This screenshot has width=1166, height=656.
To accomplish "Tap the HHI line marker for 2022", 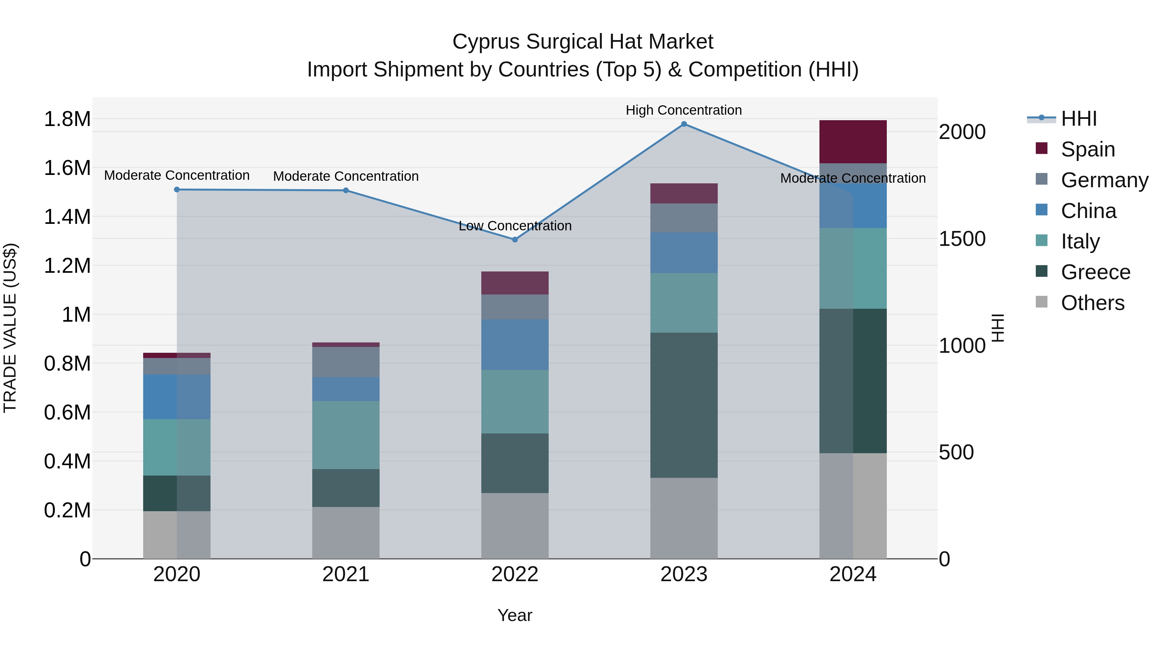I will [515, 239].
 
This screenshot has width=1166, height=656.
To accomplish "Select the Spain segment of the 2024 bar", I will [853, 142].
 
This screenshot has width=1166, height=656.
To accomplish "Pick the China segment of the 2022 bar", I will [515, 345].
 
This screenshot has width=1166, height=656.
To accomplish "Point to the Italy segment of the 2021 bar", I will [346, 435].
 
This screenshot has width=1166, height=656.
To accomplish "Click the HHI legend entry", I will [1078, 119].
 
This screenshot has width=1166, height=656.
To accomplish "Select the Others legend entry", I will [1092, 303].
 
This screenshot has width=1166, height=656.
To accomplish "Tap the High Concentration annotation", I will [683, 110].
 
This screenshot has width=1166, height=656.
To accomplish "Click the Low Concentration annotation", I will [515, 225].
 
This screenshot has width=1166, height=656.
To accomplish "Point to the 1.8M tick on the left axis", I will [67, 119].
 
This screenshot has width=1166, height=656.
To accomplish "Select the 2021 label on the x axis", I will [346, 574].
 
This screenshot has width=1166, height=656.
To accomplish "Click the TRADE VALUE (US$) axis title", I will [10, 328].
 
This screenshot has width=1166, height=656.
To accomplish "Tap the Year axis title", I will [515, 615].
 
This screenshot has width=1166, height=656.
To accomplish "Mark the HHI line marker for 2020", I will [177, 190].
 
